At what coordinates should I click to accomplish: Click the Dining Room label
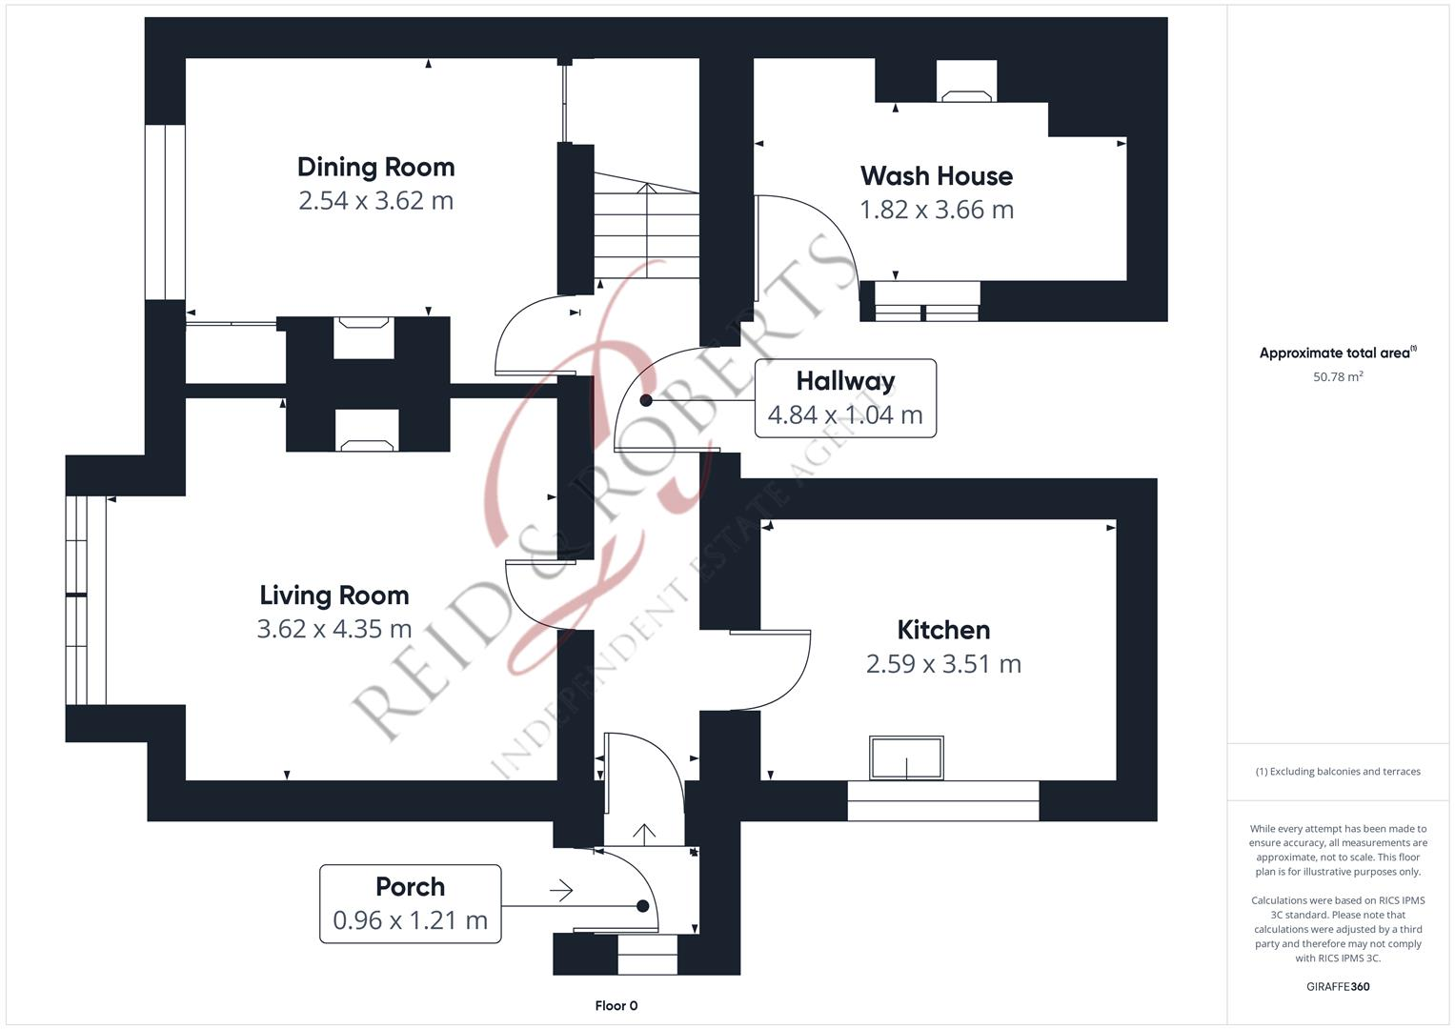point(375,168)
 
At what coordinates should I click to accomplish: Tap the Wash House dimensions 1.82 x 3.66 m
point(936,210)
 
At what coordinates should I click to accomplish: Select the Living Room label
point(333,595)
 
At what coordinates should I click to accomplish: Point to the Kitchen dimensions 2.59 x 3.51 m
point(942,664)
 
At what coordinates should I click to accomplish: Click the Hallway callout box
point(845,398)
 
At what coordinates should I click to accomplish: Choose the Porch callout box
point(410,903)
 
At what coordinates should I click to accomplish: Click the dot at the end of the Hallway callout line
point(646,400)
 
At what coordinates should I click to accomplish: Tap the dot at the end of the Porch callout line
point(643,906)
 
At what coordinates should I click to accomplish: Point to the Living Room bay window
point(86,599)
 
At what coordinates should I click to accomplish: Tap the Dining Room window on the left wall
point(165,212)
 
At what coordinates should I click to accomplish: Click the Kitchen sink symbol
point(906,757)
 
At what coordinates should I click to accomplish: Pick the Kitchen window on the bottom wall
point(942,800)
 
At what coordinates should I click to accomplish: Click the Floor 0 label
point(616,1005)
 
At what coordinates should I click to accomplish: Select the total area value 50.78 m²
point(1337,377)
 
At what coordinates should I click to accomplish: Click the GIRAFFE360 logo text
point(1337,986)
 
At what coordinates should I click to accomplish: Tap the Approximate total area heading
point(1337,353)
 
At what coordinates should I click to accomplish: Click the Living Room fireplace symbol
point(367,431)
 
